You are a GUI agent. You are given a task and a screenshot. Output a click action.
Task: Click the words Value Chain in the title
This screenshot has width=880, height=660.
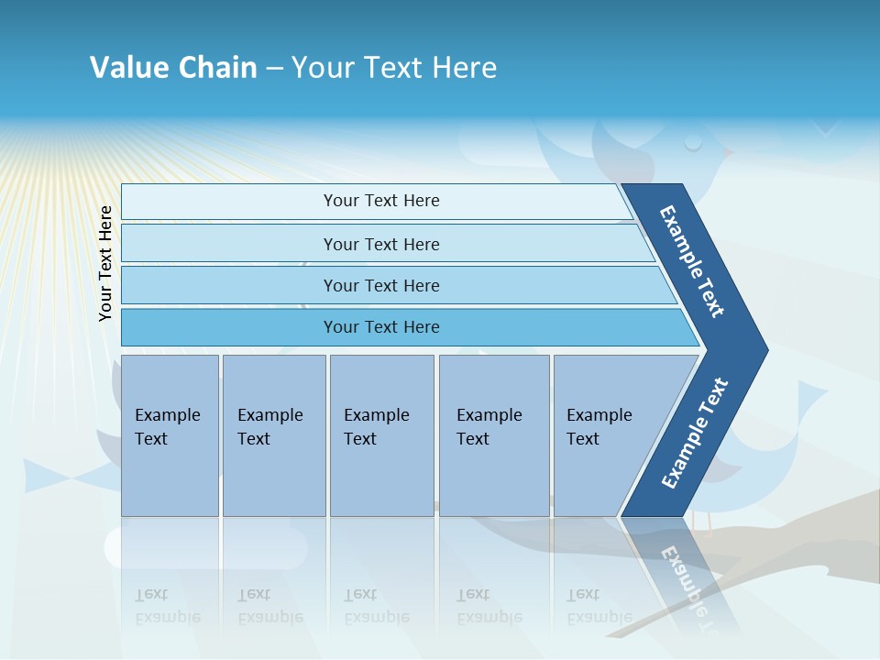pyautogui.click(x=173, y=68)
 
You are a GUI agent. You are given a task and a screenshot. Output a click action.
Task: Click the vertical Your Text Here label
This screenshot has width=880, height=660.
pyautogui.click(x=106, y=263)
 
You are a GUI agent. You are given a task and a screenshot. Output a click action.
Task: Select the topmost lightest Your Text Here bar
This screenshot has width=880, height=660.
pyautogui.click(x=380, y=201)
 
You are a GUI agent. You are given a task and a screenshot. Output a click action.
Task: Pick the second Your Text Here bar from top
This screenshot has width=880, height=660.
pyautogui.click(x=380, y=244)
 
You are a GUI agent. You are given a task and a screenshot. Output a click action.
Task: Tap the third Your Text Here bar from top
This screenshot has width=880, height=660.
pyautogui.click(x=380, y=285)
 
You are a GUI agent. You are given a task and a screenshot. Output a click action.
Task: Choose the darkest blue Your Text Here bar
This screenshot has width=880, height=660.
pyautogui.click(x=380, y=327)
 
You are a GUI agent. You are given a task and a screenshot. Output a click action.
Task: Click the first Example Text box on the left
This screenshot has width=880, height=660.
pyautogui.click(x=169, y=427)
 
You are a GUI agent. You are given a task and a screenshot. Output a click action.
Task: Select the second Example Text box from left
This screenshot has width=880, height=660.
pyautogui.click(x=272, y=427)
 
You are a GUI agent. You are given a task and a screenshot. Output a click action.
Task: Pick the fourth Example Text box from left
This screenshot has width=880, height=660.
pyautogui.click(x=492, y=427)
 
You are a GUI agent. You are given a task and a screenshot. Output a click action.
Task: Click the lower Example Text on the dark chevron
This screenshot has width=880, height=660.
pyautogui.click(x=695, y=433)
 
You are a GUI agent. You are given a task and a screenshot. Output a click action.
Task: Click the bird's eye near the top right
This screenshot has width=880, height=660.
pyautogui.click(x=694, y=143)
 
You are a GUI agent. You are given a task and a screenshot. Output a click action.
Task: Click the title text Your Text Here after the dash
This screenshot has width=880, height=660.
pyautogui.click(x=394, y=68)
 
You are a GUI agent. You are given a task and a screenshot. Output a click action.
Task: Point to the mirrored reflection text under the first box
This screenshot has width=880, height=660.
pyautogui.click(x=168, y=606)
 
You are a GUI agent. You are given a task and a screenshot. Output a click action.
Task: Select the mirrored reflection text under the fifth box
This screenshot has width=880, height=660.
pyautogui.click(x=599, y=606)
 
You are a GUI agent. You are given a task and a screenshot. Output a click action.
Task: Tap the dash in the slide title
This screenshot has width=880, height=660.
pyautogui.click(x=274, y=69)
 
